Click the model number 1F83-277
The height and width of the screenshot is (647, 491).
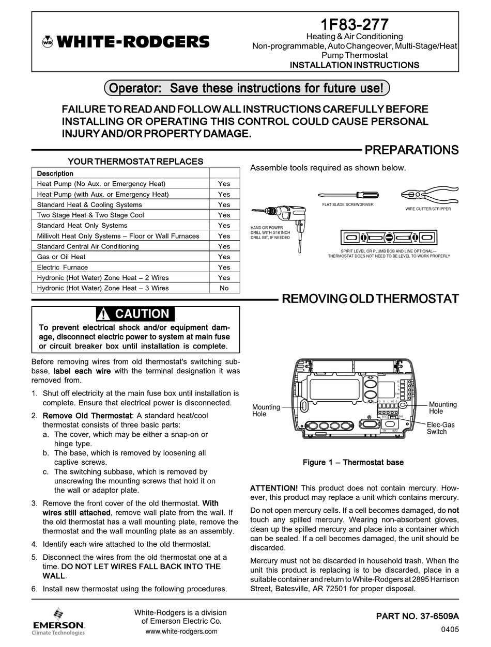click(355, 24)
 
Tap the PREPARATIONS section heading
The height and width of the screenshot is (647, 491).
click(411, 150)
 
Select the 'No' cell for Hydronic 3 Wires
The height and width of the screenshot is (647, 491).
click(224, 288)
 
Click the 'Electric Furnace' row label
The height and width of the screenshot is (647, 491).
click(63, 267)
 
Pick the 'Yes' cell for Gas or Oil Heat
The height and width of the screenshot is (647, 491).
click(224, 257)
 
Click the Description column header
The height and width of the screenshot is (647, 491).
click(55, 173)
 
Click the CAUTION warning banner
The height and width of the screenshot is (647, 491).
click(136, 314)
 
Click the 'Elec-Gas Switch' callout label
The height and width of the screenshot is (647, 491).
click(437, 428)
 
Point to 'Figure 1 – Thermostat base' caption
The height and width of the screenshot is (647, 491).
click(353, 463)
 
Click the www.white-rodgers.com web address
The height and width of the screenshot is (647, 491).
click(181, 631)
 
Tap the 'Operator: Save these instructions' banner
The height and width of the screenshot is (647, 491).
click(247, 88)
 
